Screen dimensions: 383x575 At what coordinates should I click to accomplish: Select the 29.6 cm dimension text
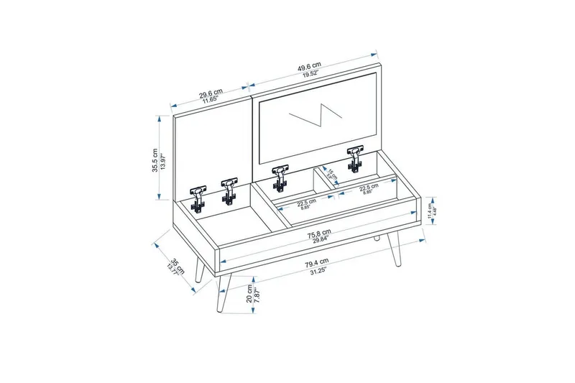(211, 92)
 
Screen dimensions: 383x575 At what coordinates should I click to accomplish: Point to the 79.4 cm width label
(315, 261)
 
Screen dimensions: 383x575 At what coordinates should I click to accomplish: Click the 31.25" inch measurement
(315, 271)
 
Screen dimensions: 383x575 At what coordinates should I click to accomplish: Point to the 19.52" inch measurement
(311, 73)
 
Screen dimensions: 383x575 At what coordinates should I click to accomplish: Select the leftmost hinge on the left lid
(197, 196)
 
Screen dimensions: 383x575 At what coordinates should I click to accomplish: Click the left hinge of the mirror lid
(280, 177)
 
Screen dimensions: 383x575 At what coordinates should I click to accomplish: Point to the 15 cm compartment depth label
(331, 173)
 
